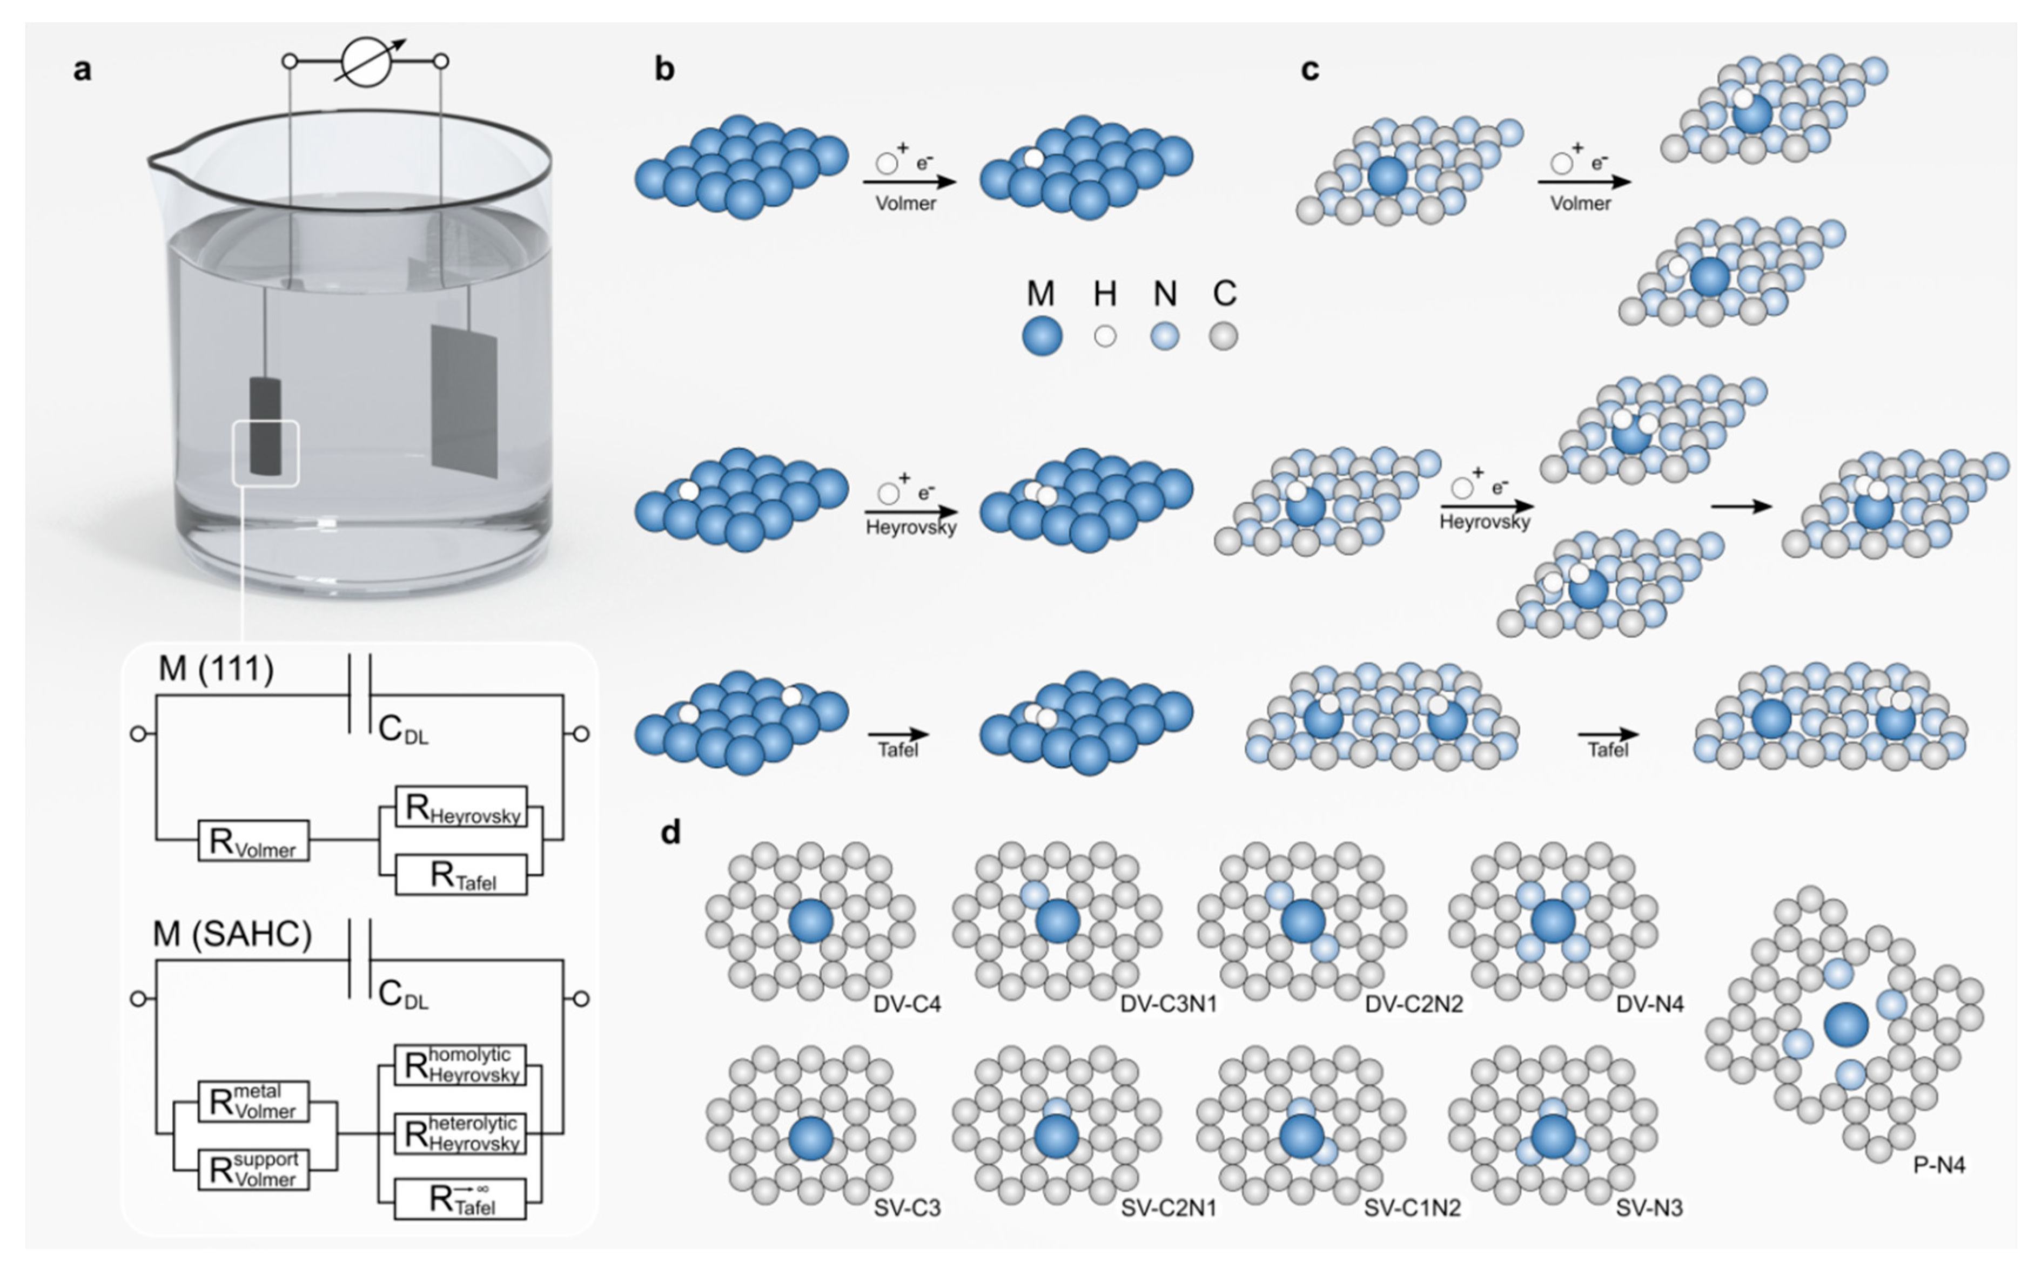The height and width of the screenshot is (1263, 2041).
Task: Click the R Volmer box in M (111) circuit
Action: (x=253, y=840)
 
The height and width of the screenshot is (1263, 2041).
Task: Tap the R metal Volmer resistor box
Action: (x=253, y=1101)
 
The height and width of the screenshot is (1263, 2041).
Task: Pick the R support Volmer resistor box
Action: (x=253, y=1170)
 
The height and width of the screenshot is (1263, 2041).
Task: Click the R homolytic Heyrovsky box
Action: (x=461, y=1064)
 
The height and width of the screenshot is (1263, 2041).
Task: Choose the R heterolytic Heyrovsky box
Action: (x=461, y=1133)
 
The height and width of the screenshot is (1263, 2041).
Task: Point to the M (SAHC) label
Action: (x=232, y=934)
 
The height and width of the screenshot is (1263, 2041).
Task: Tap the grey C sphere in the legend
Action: (x=1223, y=336)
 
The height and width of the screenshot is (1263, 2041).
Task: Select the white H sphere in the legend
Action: (x=1105, y=336)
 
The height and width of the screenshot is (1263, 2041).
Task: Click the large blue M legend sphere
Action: (x=1042, y=336)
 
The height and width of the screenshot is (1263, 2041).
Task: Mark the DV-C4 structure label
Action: (x=907, y=1004)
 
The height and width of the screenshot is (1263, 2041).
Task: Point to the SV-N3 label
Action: (x=1649, y=1208)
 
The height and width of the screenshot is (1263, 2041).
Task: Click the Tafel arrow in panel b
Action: (x=898, y=735)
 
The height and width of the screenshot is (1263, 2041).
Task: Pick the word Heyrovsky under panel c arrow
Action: (x=1485, y=522)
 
